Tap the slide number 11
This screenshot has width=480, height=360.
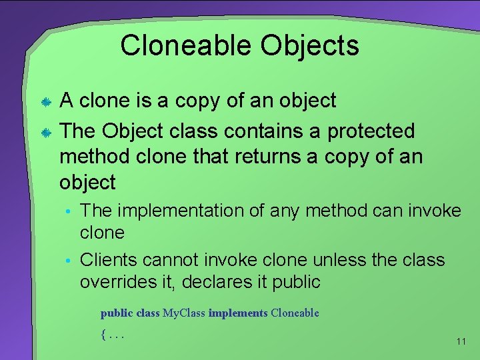pos(461,341)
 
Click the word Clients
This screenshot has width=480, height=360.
pos(113,259)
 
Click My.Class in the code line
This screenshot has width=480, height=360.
pos(184,313)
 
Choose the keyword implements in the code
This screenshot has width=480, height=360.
pos(238,313)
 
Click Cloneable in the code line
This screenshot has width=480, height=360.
pos(295,313)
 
